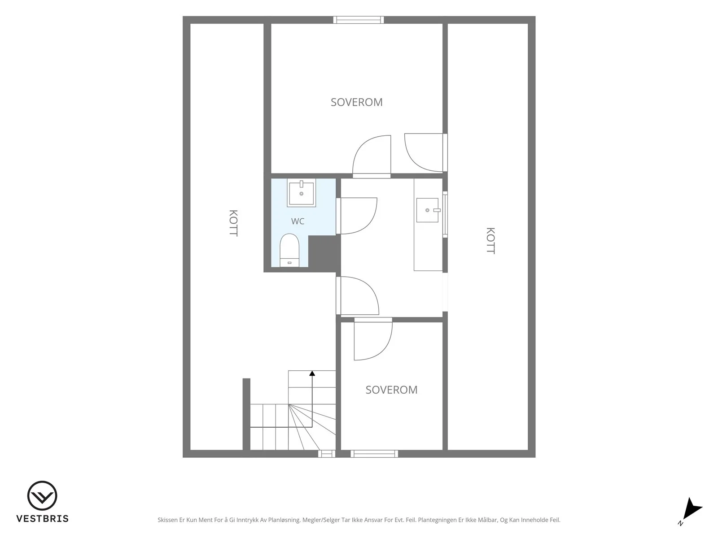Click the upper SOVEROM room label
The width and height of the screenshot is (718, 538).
coord(357,102)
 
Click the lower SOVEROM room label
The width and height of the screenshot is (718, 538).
coord(391,390)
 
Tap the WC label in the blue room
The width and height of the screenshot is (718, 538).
coord(298,221)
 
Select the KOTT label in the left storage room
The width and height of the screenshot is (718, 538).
coord(233,223)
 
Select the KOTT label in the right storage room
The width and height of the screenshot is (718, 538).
coord(490,241)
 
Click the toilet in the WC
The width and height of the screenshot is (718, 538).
coord(289,250)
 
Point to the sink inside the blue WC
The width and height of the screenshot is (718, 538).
coord(301,192)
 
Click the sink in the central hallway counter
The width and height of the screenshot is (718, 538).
coord(428,210)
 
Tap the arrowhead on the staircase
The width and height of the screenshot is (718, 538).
coord(312,373)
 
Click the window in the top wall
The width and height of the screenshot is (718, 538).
coord(359,20)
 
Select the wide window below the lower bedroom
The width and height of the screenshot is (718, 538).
coord(374,454)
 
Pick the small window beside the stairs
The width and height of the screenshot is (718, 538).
coord(327,454)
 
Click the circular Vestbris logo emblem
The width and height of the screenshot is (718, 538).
coord(42,495)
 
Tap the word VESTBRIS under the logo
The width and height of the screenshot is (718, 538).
coord(43,519)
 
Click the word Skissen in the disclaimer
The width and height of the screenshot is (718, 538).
coord(167,520)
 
